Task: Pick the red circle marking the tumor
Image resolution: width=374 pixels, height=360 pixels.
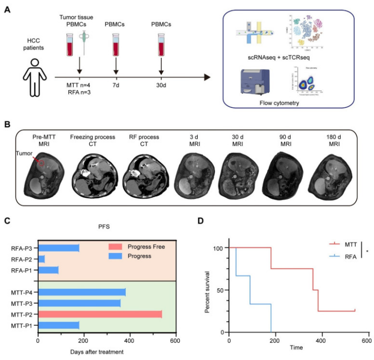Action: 42,162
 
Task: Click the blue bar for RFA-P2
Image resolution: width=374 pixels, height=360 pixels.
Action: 41,259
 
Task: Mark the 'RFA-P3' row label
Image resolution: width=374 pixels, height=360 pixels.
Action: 23,247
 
